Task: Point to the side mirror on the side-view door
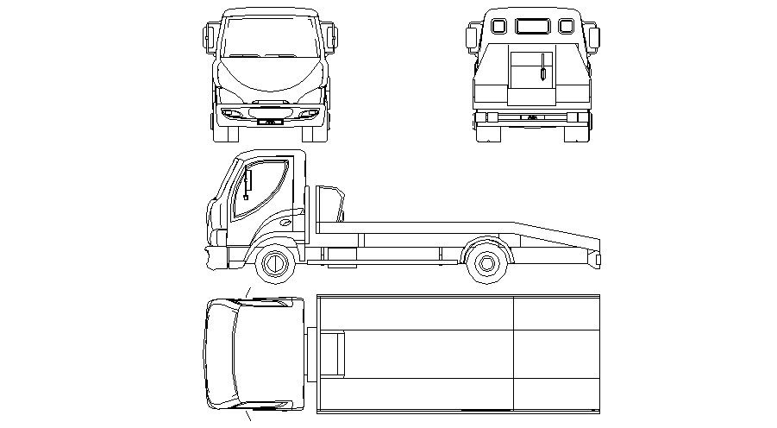248,185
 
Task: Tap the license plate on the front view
268,122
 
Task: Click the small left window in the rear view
498,26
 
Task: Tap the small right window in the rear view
565,26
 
